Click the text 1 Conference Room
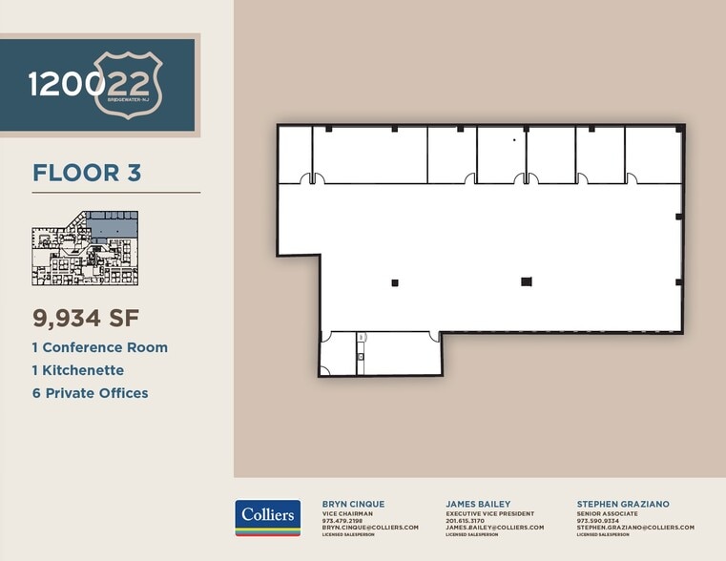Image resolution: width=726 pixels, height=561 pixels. tap(100, 347)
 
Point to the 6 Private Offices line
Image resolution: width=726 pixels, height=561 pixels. tap(91, 393)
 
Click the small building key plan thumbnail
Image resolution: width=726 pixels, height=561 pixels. tap(85, 248)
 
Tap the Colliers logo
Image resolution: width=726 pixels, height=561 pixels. tap(268, 518)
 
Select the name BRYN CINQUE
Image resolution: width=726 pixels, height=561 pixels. tap(353, 504)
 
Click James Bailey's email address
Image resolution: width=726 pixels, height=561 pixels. tap(494, 528)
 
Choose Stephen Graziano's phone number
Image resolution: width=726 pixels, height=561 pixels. tap(598, 521)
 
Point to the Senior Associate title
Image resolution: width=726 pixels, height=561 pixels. tap(608, 513)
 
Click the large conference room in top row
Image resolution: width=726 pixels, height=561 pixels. tap(369, 155)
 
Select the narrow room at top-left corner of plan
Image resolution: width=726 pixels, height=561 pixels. tap(295, 155)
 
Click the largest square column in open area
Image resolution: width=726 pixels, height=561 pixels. tap(526, 281)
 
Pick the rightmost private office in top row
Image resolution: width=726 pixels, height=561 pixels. tap(653, 155)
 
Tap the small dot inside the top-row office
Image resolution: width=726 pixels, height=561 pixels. tap(513, 140)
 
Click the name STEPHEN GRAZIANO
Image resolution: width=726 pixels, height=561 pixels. tap(622, 504)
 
